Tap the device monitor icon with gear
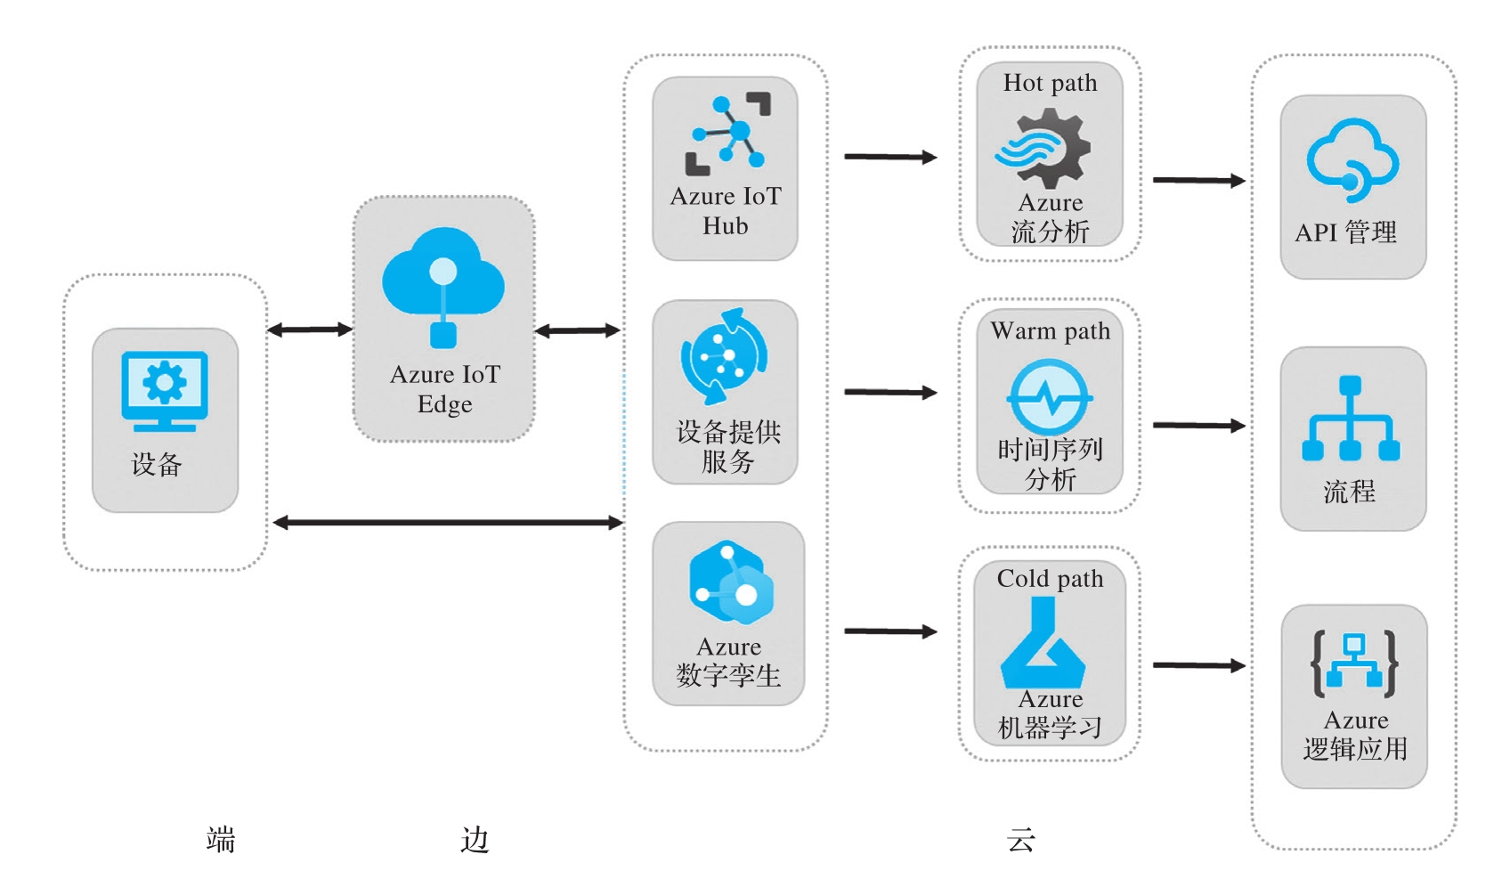point(165,390)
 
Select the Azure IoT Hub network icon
point(727,134)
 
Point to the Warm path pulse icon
point(1051,397)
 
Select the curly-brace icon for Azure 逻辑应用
point(1354,663)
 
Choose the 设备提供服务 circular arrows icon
point(725,356)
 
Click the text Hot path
point(1050,83)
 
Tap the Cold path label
point(1050,579)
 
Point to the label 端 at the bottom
point(221,839)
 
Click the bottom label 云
point(1021,839)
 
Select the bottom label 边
point(475,839)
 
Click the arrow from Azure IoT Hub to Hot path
point(890,157)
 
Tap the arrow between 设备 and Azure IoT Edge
point(310,330)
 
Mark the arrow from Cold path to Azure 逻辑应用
point(1198,665)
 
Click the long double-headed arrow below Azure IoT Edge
point(448,523)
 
